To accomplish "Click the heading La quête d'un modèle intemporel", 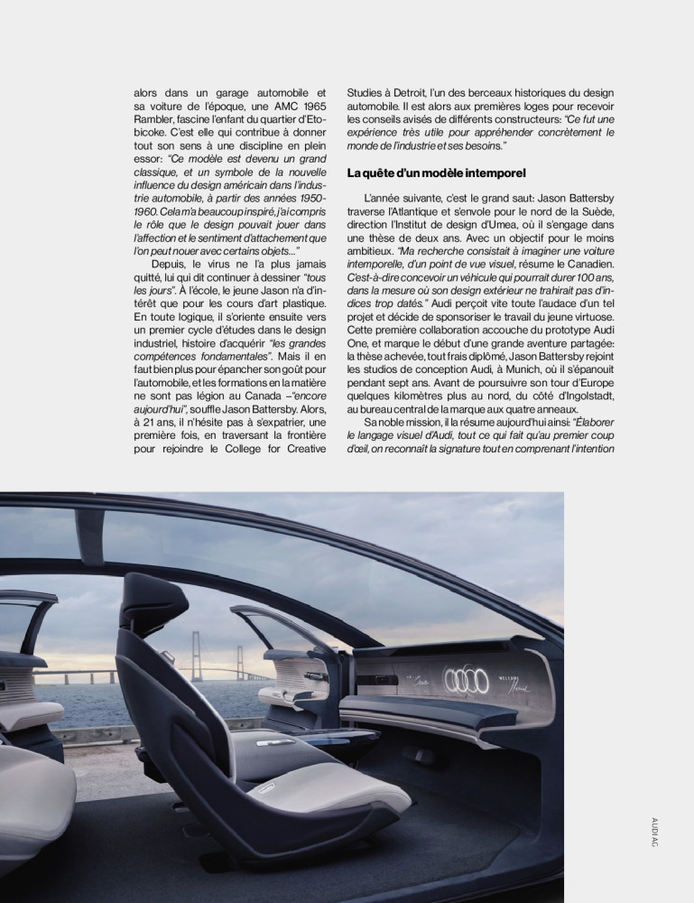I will tap(436, 172).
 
